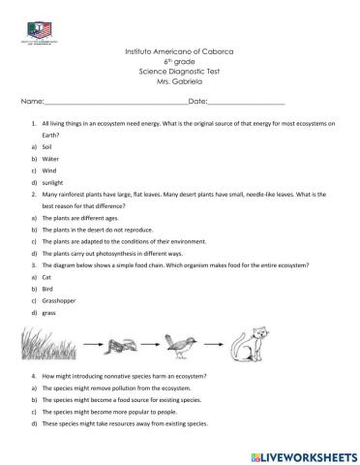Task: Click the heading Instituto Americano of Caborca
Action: tap(180, 49)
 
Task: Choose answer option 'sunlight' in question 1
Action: tap(56, 181)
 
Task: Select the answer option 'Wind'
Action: tap(50, 170)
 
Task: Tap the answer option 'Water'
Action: tap(51, 157)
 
